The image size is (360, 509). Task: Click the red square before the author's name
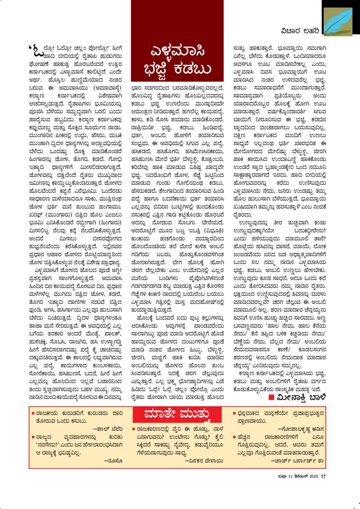click(x=272, y=397)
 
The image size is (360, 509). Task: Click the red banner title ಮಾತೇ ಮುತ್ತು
click(x=177, y=415)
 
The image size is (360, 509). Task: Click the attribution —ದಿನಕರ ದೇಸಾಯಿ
click(x=204, y=461)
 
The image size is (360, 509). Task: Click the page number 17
click(x=323, y=477)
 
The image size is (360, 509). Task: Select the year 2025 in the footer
click(x=313, y=477)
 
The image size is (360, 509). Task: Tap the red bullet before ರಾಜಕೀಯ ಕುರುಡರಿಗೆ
click(x=33, y=413)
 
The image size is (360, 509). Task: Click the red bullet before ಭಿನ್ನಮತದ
click(x=234, y=413)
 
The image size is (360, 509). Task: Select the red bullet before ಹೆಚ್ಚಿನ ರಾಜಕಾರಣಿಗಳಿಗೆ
click(x=234, y=437)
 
